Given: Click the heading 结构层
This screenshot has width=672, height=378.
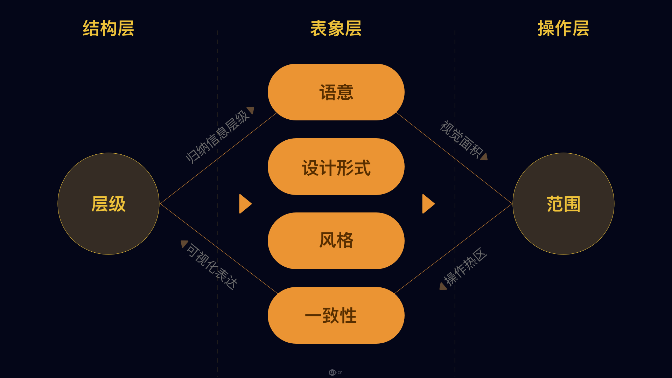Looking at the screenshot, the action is [x=108, y=28].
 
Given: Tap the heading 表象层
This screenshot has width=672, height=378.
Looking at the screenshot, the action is [x=336, y=28].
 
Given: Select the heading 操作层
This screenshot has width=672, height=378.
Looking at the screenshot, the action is [x=563, y=28].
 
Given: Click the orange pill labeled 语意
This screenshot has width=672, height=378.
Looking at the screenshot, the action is [x=336, y=92].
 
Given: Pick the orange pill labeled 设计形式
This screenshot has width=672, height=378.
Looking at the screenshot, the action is [x=336, y=167].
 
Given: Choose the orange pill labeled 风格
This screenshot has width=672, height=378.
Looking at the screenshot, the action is [x=336, y=241].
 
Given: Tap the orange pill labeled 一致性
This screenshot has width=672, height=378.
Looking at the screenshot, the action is [x=336, y=315].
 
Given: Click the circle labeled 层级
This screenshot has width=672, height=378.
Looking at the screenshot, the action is [x=108, y=204].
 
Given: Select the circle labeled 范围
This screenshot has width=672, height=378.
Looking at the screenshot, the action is [x=563, y=204].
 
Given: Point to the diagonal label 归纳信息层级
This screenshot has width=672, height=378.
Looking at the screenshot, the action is [x=217, y=137].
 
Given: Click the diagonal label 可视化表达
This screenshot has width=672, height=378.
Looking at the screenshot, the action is [x=212, y=266].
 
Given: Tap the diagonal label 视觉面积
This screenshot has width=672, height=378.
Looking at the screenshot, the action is [x=461, y=139].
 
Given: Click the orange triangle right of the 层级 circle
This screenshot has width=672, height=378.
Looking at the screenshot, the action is [x=245, y=204].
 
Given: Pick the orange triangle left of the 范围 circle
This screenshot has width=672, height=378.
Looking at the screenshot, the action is [x=428, y=204].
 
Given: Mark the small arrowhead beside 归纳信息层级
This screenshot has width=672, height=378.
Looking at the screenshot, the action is [x=251, y=110].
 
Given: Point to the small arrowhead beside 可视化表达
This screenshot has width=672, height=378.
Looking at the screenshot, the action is [x=184, y=243].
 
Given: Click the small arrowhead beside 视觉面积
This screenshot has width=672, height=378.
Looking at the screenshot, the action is [x=484, y=157].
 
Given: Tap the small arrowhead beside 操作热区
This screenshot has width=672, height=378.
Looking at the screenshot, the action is [x=443, y=287].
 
